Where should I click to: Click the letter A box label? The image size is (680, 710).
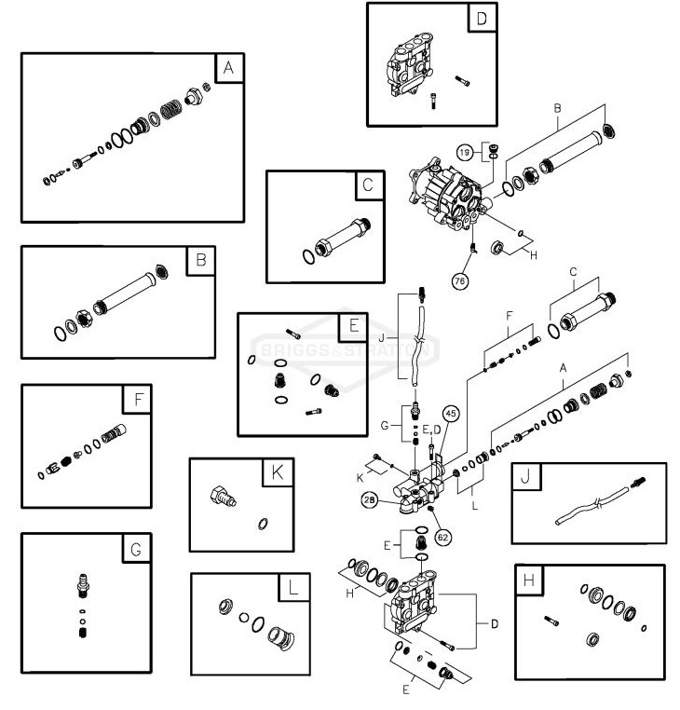pos(227,68)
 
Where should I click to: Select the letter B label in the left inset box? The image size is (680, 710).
pos(199,262)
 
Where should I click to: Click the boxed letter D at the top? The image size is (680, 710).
pos(481,18)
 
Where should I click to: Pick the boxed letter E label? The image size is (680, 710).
pos(354,327)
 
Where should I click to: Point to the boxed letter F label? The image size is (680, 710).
pos(137,402)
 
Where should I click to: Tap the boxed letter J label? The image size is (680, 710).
pos(527,479)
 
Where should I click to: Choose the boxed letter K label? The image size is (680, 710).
pos(276,473)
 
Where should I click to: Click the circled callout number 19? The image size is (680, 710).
pos(469,151)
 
